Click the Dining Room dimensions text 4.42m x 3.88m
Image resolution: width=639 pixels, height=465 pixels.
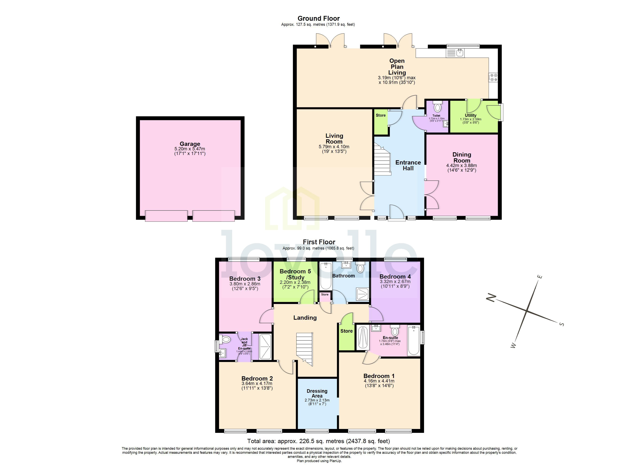pyautogui.click(x=461, y=165)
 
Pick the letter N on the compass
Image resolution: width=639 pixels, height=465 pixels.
pyautogui.click(x=491, y=298)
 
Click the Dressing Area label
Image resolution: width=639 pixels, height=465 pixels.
pyautogui.click(x=317, y=393)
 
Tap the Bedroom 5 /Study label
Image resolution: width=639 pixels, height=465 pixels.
pyautogui.click(x=295, y=274)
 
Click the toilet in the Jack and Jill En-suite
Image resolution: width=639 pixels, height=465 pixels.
pyautogui.click(x=226, y=339)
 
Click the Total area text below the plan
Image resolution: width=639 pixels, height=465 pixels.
pyautogui.click(x=318, y=441)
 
